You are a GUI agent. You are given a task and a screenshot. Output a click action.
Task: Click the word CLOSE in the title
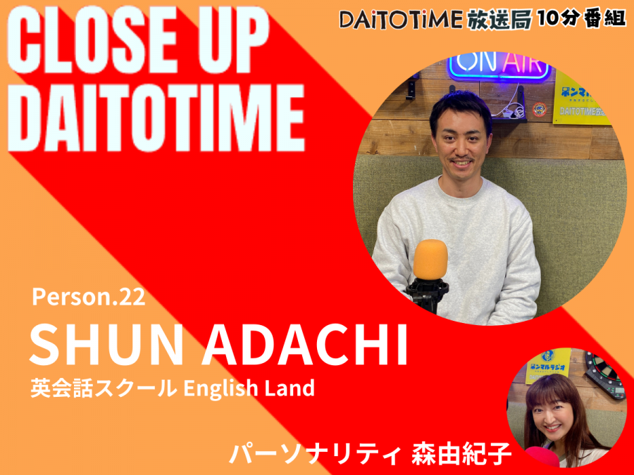92,39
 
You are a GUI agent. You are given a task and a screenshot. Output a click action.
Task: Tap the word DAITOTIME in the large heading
156,118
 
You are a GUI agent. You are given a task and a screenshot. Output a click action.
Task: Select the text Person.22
89,297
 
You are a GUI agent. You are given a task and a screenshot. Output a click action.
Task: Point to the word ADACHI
305,344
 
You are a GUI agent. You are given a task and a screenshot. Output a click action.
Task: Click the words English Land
249,388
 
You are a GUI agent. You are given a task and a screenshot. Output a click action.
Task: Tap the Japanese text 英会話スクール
104,388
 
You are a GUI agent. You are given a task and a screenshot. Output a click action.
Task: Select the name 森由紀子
461,453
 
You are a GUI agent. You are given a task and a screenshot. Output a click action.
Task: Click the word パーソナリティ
315,453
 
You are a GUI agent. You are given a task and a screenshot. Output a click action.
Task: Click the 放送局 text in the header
499,19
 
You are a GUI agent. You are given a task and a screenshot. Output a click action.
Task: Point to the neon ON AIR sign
500,65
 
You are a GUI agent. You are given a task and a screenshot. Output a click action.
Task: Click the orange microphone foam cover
430,259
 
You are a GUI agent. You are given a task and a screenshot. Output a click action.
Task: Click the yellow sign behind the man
583,97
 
